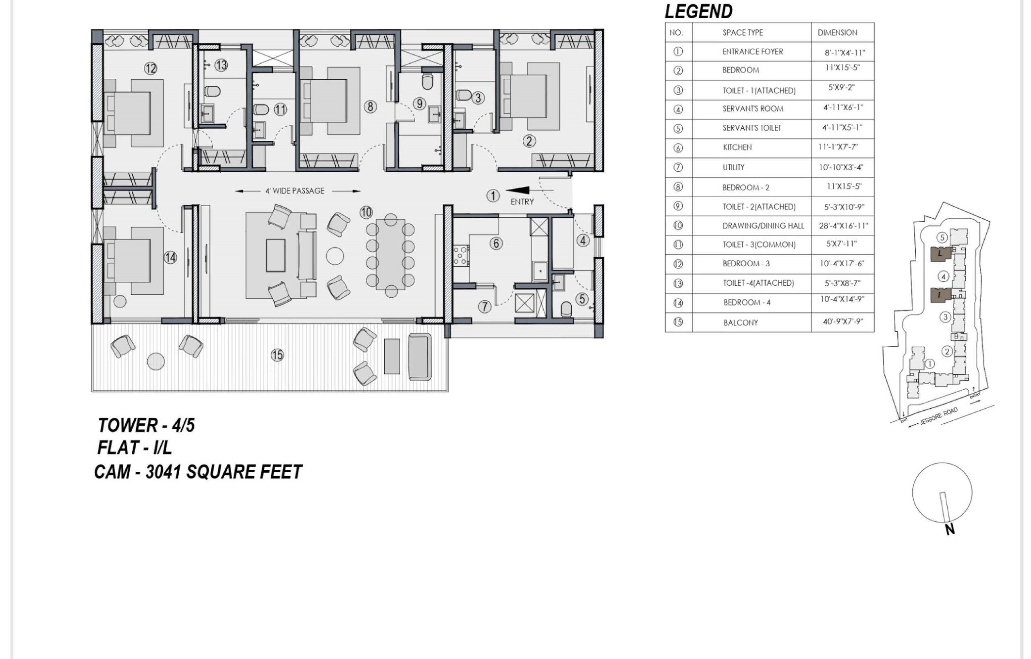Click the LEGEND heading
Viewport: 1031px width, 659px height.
(698, 12)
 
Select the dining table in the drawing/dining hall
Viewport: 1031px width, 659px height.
(391, 254)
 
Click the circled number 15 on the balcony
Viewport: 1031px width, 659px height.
(277, 355)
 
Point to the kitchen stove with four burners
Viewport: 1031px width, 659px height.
(462, 256)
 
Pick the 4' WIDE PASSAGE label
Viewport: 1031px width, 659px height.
(294, 191)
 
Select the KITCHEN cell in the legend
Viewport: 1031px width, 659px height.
(737, 147)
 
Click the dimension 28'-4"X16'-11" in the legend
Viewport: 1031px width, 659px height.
(843, 225)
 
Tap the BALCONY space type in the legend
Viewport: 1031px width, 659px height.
(741, 322)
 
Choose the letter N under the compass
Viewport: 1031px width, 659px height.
(950, 530)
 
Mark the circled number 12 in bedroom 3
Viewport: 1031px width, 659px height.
(150, 68)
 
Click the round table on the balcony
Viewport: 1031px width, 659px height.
(156, 362)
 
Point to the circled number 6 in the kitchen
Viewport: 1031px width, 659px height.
(496, 244)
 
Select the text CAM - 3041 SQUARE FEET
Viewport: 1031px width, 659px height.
(198, 472)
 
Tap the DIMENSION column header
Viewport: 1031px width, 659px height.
(837, 33)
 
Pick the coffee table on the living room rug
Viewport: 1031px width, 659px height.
(276, 256)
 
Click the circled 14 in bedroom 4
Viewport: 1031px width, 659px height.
(170, 258)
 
